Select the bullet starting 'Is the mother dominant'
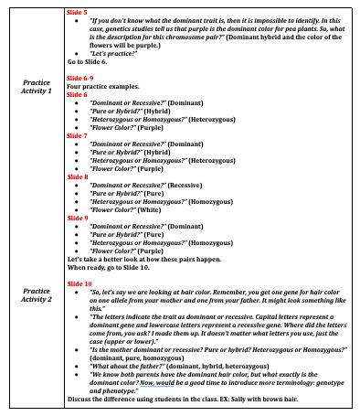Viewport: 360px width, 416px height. click(x=183, y=348)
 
